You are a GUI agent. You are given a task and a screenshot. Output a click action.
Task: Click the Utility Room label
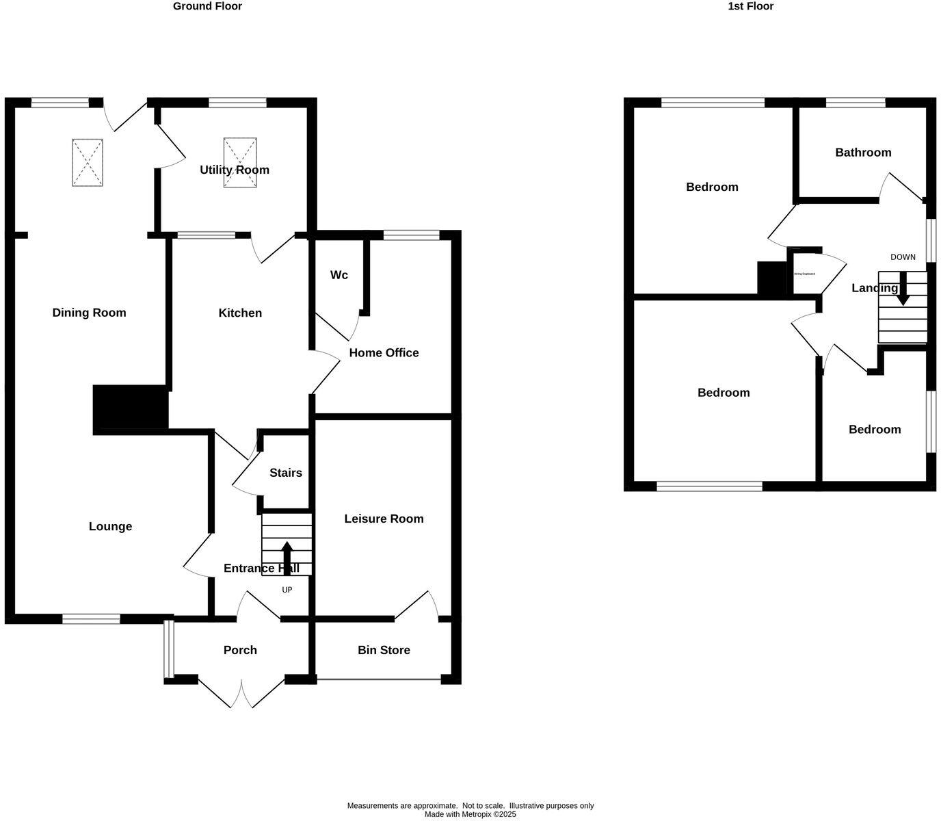point(234,170)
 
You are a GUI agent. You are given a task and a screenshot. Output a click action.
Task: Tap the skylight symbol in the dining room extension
point(88,163)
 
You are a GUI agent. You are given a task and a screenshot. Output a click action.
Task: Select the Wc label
point(339,275)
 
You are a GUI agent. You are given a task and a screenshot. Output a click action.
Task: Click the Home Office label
point(384,353)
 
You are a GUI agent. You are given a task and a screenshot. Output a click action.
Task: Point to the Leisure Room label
point(384,519)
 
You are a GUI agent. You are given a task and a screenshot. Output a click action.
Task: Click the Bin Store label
point(384,650)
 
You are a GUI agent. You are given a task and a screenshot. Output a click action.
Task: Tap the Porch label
point(240,650)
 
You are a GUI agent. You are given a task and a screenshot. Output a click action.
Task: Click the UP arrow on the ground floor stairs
point(287,556)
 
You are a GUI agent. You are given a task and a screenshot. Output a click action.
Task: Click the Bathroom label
point(863,153)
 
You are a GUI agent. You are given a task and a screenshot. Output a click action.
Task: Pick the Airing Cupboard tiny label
point(804,274)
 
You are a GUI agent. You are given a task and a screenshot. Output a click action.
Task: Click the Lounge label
point(110,526)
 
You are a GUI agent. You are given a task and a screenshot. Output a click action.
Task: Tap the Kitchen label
point(240,313)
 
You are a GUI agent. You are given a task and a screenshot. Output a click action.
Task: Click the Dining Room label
point(89,313)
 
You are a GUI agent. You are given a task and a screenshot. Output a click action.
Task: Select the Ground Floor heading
point(207,6)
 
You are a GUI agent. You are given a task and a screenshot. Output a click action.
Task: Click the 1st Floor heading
point(750,6)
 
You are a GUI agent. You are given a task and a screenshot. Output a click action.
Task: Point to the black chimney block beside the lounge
point(131,408)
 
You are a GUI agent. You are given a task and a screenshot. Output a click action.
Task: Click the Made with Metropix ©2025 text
point(471,814)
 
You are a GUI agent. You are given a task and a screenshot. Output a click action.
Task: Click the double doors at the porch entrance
point(241,692)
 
